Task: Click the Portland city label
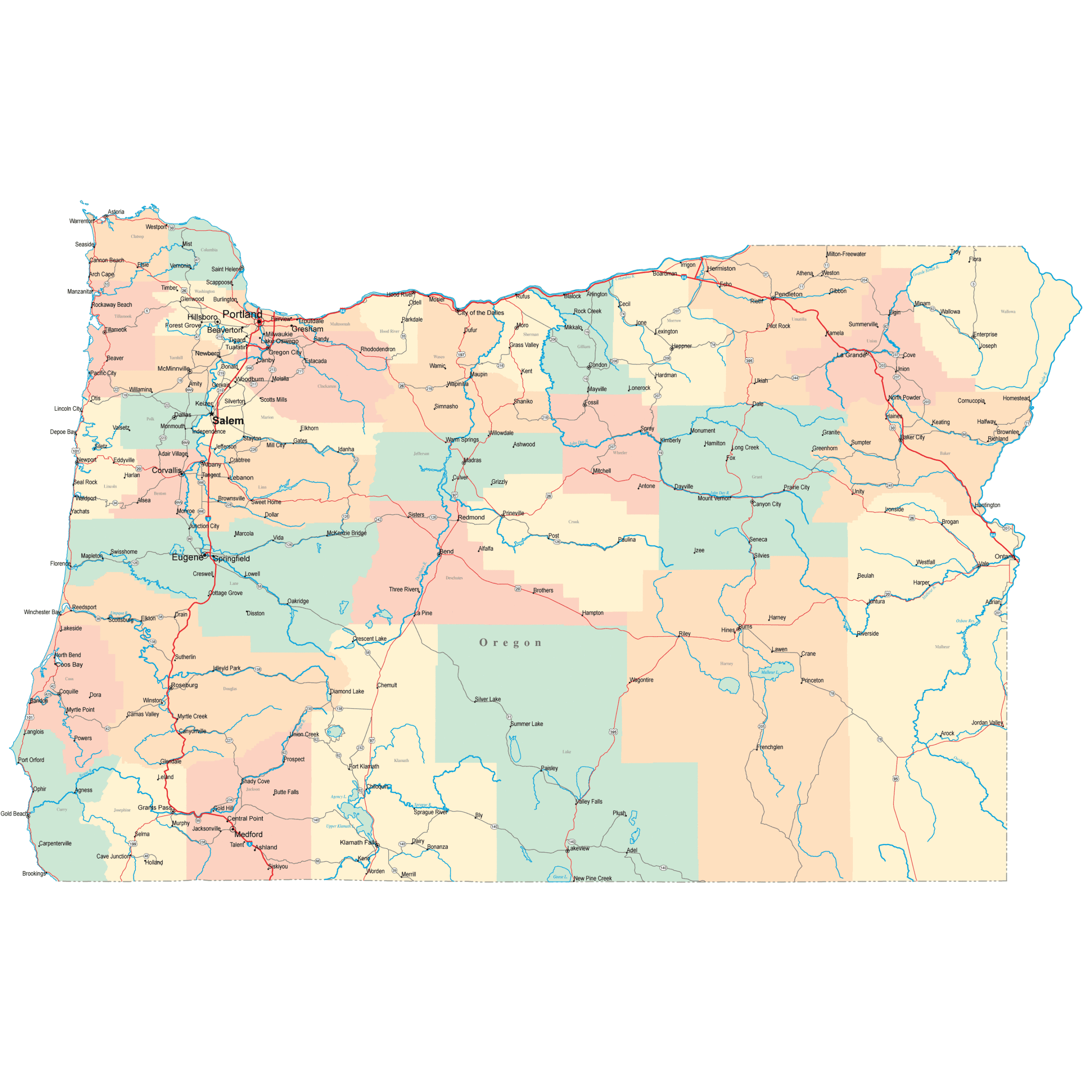(x=242, y=314)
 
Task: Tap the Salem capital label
(x=228, y=421)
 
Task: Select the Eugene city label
(x=187, y=557)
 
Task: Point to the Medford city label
(x=248, y=834)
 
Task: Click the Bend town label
(x=447, y=552)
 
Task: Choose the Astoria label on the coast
(x=116, y=212)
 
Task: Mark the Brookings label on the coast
(x=34, y=873)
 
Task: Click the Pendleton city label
(x=788, y=294)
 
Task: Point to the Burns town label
(x=745, y=627)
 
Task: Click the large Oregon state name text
(x=510, y=643)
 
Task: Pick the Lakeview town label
(x=579, y=848)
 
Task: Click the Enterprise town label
(x=985, y=335)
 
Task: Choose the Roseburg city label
(x=185, y=685)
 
